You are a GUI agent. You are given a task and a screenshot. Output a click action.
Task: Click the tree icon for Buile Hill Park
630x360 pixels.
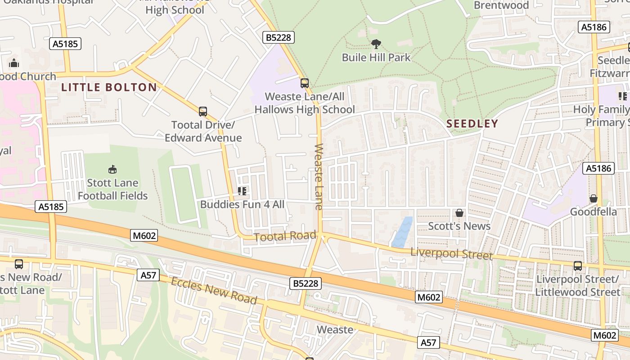click(376, 44)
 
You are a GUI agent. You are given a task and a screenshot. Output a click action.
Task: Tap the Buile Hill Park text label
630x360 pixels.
click(376, 58)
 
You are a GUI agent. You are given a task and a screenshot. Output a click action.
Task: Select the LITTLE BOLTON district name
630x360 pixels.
click(109, 87)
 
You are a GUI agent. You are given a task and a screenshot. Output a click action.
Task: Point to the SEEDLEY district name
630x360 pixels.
click(472, 124)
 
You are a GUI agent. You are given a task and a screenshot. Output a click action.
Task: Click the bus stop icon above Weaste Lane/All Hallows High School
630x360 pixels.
click(305, 83)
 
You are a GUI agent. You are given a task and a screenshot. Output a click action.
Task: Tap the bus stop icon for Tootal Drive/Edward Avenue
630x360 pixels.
click(203, 112)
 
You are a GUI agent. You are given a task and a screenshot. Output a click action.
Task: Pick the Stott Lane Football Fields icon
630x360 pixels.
click(112, 170)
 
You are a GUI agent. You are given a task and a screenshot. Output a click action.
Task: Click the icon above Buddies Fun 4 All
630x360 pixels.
click(242, 191)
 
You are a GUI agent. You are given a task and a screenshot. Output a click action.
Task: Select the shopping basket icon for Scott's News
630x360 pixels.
click(459, 213)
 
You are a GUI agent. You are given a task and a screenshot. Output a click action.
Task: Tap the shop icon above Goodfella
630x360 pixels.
click(594, 198)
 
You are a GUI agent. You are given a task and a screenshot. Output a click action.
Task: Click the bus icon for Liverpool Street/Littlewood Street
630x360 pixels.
click(578, 266)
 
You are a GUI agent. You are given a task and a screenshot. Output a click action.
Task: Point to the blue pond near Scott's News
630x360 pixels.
click(402, 232)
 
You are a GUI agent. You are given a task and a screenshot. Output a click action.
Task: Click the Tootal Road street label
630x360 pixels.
click(285, 236)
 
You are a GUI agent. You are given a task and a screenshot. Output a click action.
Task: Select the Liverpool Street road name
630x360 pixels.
click(451, 253)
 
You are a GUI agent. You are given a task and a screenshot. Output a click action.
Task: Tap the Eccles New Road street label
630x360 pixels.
click(214, 291)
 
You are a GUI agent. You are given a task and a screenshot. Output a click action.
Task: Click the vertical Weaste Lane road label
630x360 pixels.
click(319, 176)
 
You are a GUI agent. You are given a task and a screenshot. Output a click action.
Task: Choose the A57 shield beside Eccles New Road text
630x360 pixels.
click(148, 275)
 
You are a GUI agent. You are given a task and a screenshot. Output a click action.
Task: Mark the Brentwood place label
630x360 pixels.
click(501, 5)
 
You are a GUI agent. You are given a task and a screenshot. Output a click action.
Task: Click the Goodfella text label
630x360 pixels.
click(594, 211)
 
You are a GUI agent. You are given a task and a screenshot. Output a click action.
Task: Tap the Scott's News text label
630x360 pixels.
click(459, 226)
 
